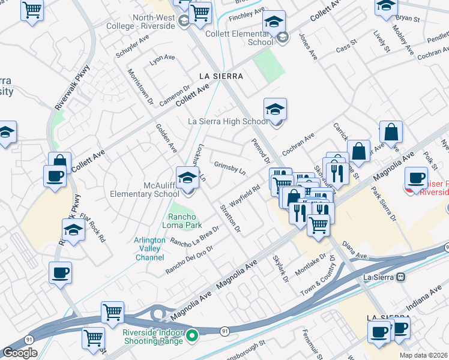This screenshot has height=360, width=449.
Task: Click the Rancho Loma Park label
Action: click(184, 221)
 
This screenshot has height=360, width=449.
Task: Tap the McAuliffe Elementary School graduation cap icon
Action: click(188, 178)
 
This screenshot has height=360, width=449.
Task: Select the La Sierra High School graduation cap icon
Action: click(275, 109)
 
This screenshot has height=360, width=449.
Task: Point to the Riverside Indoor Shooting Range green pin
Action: click(192, 335)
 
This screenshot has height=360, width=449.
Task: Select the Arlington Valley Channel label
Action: click(149, 248)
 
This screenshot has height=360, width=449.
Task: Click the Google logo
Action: click(20, 352)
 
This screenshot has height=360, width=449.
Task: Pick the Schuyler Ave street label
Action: click(132, 46)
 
